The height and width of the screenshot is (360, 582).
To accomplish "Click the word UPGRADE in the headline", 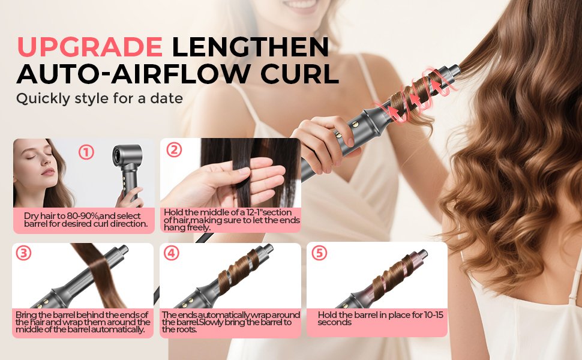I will tap(89, 47).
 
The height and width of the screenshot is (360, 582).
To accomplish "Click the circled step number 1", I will tap(86, 152).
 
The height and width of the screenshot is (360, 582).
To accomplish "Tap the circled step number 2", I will tap(173, 149).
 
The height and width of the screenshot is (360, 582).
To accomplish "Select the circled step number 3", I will tap(23, 253).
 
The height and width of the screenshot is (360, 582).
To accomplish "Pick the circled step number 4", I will tap(172, 253).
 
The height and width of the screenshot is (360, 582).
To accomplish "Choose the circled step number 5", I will tap(319, 253).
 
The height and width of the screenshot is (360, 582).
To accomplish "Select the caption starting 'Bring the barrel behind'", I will tap(82, 321).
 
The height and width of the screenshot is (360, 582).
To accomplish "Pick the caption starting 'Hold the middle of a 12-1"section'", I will tap(231, 220).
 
